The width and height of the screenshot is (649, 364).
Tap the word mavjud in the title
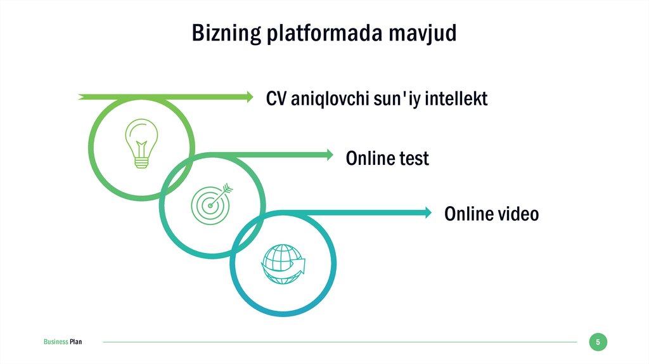(x=427, y=33)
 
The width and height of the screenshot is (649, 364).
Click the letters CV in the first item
(x=276, y=99)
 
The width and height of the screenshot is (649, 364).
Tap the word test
(x=413, y=157)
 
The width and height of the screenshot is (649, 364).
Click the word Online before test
(x=369, y=157)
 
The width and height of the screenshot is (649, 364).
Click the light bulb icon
(x=141, y=143)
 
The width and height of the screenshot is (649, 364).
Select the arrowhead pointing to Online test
(x=328, y=154)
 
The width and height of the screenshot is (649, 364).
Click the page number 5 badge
(x=598, y=342)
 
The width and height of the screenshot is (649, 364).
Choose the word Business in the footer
(x=56, y=342)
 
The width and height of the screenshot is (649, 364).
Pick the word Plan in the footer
(x=75, y=342)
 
